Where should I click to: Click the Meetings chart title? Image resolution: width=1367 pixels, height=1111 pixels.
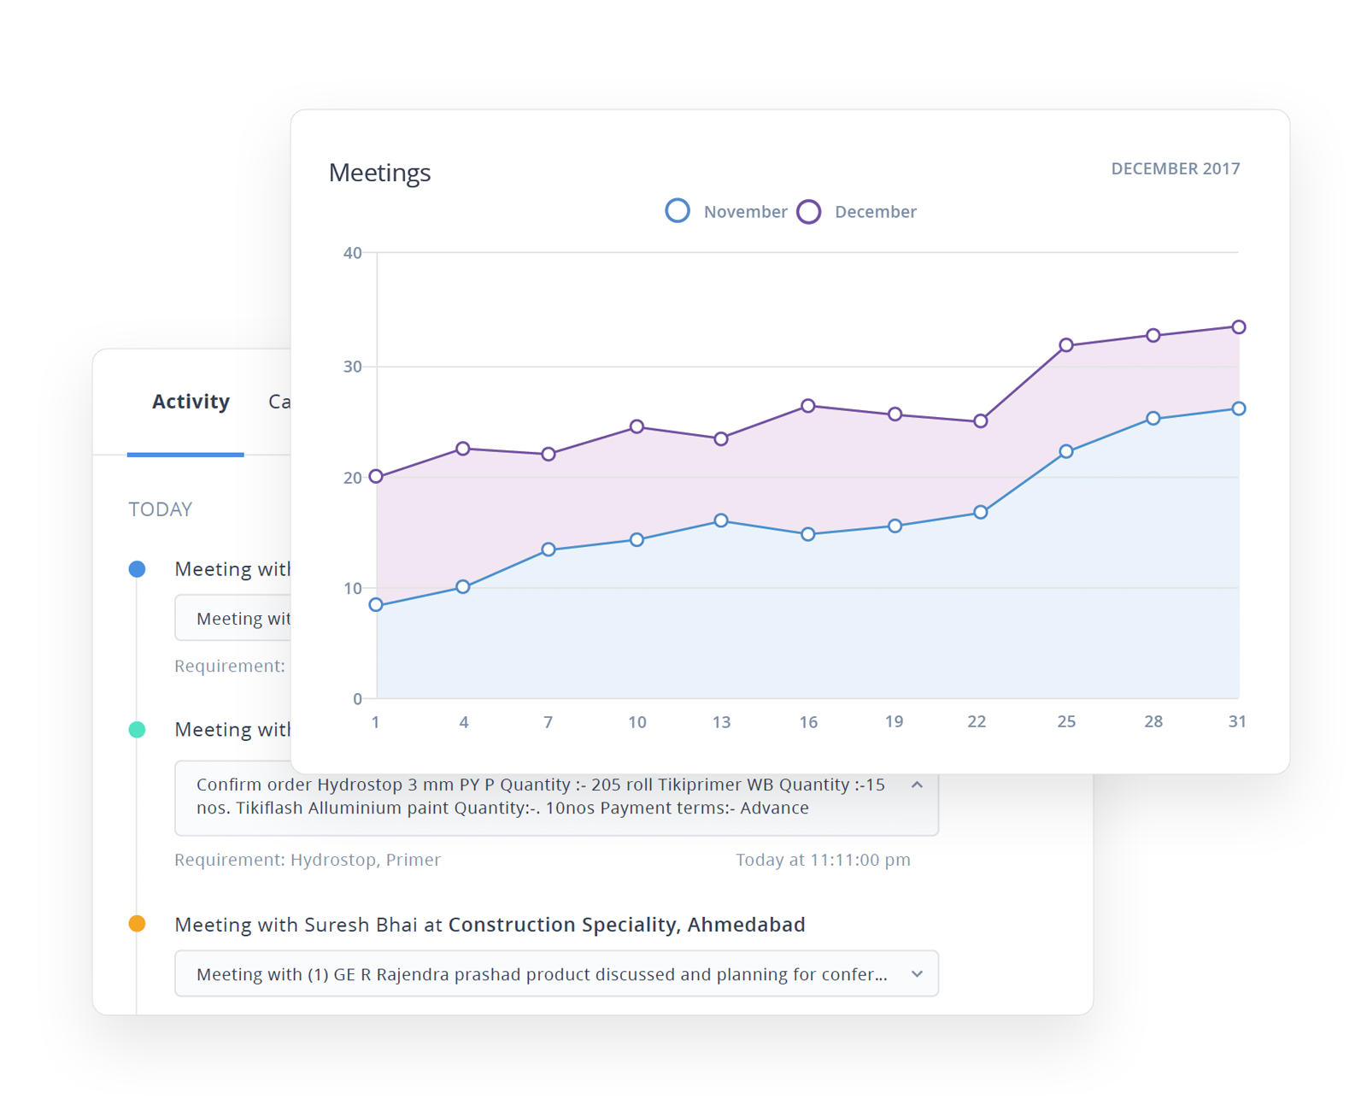pos(379,173)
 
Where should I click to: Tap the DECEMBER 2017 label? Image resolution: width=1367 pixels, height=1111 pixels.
pos(1175,168)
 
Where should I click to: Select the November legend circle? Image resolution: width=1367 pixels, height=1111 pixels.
pos(678,210)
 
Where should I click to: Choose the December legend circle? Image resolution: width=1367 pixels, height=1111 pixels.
pos(808,211)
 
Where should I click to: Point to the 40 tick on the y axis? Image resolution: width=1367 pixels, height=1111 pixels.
pos(352,253)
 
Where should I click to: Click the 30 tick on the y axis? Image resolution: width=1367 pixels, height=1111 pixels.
pos(352,367)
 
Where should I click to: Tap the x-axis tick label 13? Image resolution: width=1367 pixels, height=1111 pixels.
pos(721,722)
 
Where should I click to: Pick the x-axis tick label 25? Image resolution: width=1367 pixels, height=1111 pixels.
pos(1066,721)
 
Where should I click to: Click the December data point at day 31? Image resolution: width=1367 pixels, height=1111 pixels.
pos(1239,327)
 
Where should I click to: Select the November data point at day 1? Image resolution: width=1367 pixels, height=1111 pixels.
pos(376,605)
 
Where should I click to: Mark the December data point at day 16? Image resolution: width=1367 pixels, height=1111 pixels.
pos(808,406)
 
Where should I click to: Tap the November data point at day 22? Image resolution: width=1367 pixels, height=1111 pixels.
pos(981,512)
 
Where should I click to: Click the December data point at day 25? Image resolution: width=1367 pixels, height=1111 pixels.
pos(1066,345)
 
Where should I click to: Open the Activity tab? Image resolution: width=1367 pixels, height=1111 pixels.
pos(191,402)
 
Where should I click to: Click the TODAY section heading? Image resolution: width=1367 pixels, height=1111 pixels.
pos(161,509)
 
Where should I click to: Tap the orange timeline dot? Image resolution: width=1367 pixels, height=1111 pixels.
pos(137,924)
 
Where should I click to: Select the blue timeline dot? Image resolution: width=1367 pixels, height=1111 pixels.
pos(137,569)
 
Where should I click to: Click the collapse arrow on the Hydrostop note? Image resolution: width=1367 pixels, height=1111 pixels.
pos(917,785)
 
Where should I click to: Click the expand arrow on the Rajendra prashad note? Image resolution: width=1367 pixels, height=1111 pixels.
pos(917,974)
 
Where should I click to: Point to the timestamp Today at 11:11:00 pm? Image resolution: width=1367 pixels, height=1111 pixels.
pos(823,860)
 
